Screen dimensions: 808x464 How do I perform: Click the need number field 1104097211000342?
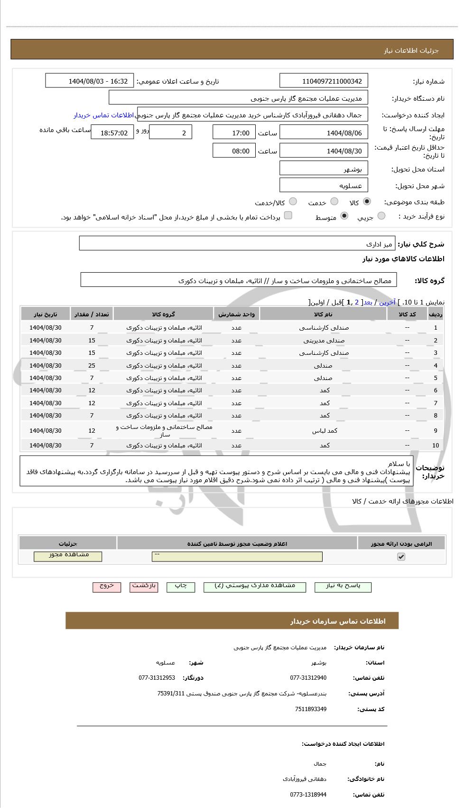324,81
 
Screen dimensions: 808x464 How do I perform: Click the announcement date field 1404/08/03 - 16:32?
90,81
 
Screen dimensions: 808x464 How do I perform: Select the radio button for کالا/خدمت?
293,202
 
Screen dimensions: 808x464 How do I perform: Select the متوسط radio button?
344,216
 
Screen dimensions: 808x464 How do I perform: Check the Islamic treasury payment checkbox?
288,216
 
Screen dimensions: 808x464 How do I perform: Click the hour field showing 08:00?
234,151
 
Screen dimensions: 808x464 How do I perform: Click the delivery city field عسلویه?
324,186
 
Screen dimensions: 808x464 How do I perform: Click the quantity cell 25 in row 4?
92,366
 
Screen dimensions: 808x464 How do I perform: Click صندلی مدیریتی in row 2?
324,341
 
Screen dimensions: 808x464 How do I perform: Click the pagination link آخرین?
387,302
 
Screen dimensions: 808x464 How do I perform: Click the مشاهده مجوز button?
68,556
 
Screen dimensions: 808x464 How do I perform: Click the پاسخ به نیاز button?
343,586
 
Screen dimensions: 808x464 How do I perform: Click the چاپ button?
181,586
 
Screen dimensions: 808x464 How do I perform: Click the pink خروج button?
107,586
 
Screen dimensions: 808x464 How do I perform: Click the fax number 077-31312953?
157,678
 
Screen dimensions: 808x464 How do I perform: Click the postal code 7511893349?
310,709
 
